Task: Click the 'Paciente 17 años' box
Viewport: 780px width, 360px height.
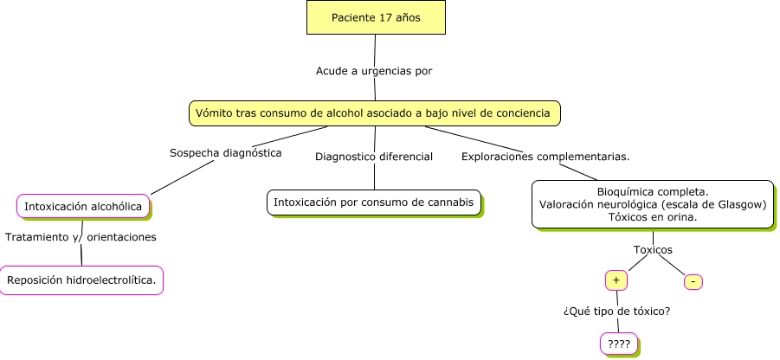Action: pyautogui.click(x=375, y=17)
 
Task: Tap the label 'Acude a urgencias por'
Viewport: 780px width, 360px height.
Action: pyautogui.click(x=374, y=71)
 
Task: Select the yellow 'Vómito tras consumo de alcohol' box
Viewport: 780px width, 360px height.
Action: pyautogui.click(x=374, y=112)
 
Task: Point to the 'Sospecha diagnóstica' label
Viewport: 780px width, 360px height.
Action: pyautogui.click(x=225, y=152)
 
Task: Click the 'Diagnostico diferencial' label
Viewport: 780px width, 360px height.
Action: pyautogui.click(x=374, y=157)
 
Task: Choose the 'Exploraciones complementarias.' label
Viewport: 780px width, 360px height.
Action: pyautogui.click(x=545, y=157)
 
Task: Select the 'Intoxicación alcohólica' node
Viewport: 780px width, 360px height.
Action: pyautogui.click(x=83, y=206)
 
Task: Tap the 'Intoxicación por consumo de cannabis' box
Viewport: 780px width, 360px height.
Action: pyautogui.click(x=373, y=202)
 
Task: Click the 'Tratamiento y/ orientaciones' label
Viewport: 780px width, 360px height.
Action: pyautogui.click(x=81, y=236)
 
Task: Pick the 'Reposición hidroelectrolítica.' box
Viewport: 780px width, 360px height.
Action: pyautogui.click(x=81, y=280)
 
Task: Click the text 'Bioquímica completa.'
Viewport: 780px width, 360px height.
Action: pyautogui.click(x=653, y=191)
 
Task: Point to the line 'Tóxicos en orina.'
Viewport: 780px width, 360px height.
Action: pyautogui.click(x=653, y=218)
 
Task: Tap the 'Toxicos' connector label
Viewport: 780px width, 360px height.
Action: pyautogui.click(x=653, y=250)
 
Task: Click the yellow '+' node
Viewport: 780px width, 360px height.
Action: pyautogui.click(x=616, y=280)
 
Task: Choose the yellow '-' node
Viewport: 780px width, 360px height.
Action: pyautogui.click(x=693, y=282)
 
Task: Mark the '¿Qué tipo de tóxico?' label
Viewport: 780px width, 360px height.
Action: pyautogui.click(x=617, y=312)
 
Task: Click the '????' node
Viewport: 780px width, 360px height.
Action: pyautogui.click(x=618, y=344)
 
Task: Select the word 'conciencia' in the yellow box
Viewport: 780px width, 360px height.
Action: pyautogui.click(x=521, y=112)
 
